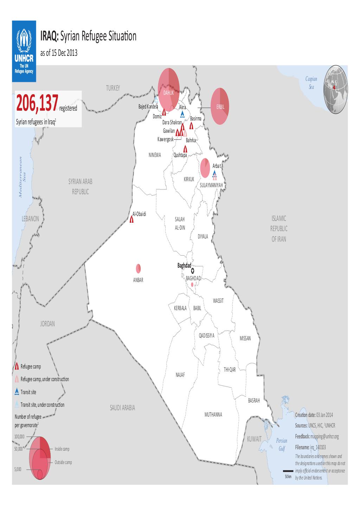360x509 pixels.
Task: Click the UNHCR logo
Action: coord(24,51)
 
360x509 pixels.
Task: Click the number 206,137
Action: coord(37,105)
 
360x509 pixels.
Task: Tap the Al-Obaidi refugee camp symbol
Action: coord(131,220)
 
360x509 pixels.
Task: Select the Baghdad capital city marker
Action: coord(192,271)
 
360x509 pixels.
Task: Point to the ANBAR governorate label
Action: coord(138,281)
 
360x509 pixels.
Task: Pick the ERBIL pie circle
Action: coord(220,106)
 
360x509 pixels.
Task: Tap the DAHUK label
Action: coord(168,93)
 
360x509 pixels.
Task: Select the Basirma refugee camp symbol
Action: coord(192,126)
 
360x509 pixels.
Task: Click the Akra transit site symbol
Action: coord(182,114)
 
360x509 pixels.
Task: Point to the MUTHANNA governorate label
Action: coord(213,415)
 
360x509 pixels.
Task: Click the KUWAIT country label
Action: coord(254,439)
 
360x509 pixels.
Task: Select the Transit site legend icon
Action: coord(17,392)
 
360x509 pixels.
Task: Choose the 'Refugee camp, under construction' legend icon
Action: coord(17,379)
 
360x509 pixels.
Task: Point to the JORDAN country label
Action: coord(47,324)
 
